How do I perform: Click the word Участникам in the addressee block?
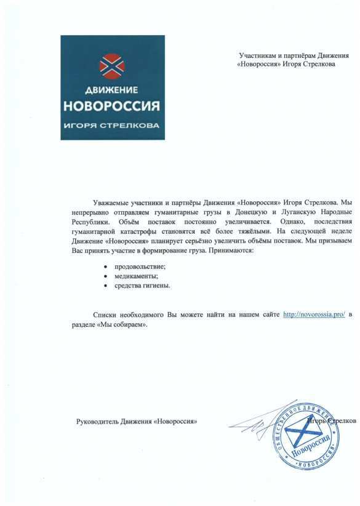point(255,56)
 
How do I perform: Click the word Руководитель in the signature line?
point(97,422)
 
